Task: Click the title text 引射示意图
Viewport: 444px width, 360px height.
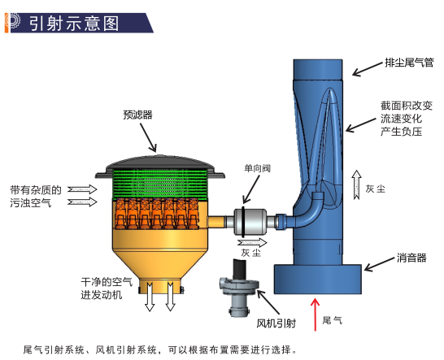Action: click(74, 24)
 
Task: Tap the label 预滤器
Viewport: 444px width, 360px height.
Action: click(137, 115)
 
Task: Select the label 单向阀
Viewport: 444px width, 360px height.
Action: click(257, 168)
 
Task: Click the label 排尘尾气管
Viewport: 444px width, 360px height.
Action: click(409, 63)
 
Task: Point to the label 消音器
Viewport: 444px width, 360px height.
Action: click(411, 258)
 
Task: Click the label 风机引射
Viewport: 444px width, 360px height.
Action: click(276, 323)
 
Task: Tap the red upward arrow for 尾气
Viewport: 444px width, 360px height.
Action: click(315, 314)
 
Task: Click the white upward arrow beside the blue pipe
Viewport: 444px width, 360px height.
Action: click(356, 184)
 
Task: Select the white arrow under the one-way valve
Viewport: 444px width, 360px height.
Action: click(252, 242)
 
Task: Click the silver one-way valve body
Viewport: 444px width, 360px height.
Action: click(250, 221)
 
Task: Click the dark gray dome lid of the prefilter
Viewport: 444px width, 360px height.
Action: click(160, 167)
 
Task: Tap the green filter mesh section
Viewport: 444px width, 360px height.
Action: click(160, 184)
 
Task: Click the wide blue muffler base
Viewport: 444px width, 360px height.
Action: click(317, 279)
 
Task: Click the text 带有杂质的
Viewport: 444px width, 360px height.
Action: click(36, 190)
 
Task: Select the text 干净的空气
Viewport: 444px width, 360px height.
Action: click(107, 282)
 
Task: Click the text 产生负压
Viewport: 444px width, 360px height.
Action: click(401, 132)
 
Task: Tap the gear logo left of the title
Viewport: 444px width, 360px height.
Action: click(12, 23)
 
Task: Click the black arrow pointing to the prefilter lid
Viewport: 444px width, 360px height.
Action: click(148, 138)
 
